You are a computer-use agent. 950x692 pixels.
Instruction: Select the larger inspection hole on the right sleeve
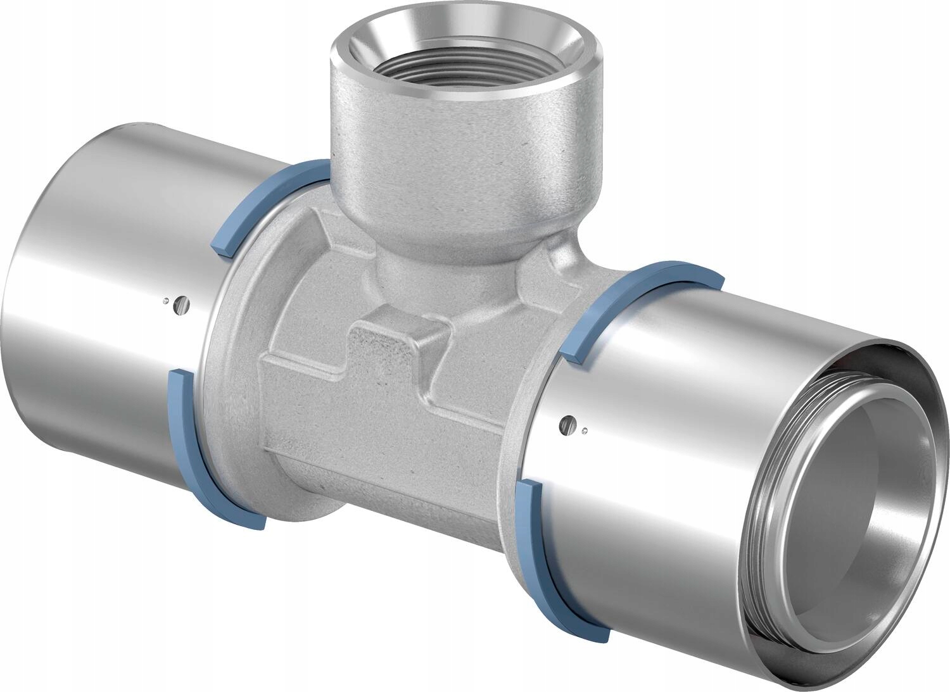[573, 421]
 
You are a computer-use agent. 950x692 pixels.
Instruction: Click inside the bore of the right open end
[842, 506]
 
